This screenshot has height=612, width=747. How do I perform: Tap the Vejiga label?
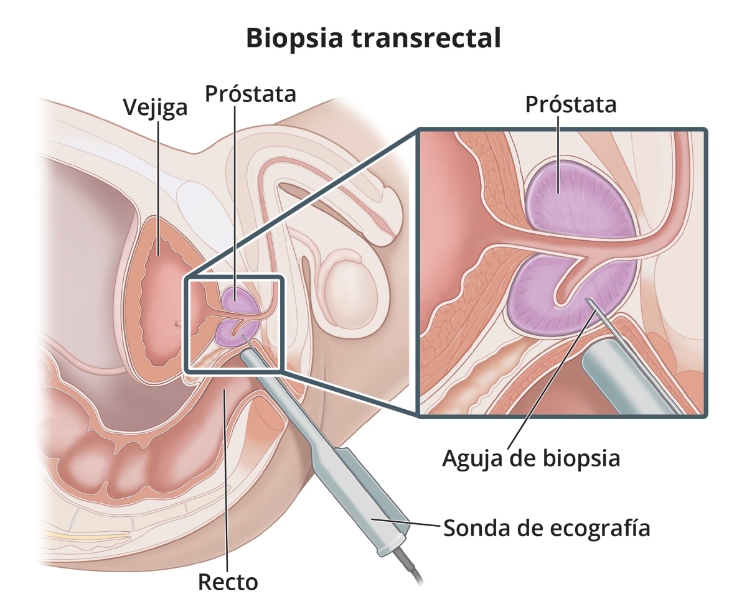(155, 107)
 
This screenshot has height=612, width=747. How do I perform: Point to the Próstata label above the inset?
(571, 104)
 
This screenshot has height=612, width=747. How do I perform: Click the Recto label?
(228, 582)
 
